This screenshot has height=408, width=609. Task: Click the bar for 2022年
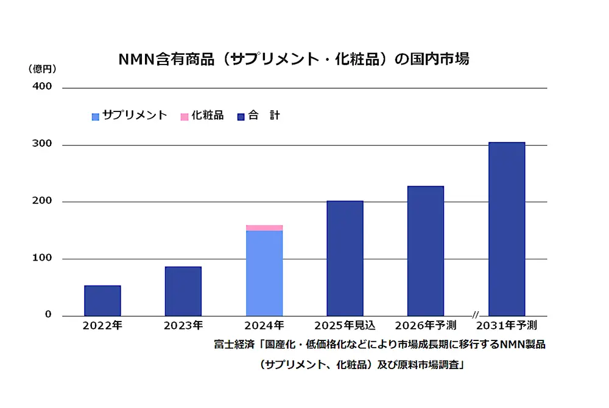102,301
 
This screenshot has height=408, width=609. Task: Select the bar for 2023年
183,291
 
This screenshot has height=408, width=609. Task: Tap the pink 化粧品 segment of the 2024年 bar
264,228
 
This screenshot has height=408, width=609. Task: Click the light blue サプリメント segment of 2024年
264,273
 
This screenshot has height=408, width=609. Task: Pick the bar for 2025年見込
345,258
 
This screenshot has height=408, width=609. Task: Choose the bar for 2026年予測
425,251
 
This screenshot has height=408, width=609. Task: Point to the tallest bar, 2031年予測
506,229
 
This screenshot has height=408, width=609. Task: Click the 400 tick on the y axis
42,86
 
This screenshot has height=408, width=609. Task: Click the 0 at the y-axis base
48,315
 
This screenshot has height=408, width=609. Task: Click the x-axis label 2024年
264,326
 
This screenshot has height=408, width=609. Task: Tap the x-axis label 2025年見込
345,326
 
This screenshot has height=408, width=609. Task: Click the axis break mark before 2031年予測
475,315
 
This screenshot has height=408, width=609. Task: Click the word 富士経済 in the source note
234,345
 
